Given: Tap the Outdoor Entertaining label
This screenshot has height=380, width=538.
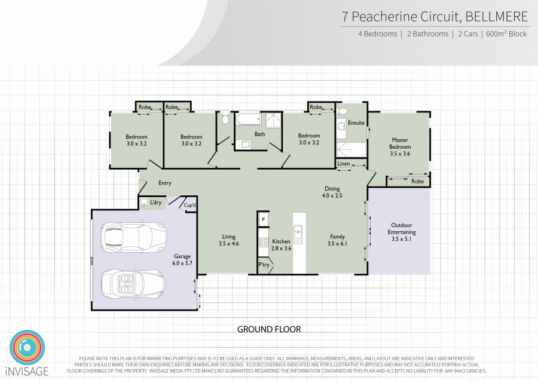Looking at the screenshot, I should click(x=401, y=232).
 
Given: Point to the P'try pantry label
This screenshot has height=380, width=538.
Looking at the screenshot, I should click(x=264, y=265).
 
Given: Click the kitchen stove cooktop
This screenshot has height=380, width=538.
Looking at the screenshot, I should click(x=262, y=242).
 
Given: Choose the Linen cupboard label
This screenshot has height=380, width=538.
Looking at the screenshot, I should click(x=344, y=163).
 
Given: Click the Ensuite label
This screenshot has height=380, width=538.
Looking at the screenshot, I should click(x=356, y=123).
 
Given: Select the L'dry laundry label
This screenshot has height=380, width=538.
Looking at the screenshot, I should click(x=156, y=203).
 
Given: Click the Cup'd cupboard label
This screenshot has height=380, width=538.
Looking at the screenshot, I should click(x=190, y=206).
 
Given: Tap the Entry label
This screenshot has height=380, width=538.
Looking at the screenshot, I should click(x=165, y=183).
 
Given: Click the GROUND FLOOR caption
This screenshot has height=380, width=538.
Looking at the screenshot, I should click(x=269, y=329).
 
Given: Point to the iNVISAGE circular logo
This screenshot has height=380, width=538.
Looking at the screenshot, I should click(x=27, y=347).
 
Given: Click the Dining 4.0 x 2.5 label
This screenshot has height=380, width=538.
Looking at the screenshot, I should click(x=332, y=192).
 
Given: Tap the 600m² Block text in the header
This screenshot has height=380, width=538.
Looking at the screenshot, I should click(x=506, y=34).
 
